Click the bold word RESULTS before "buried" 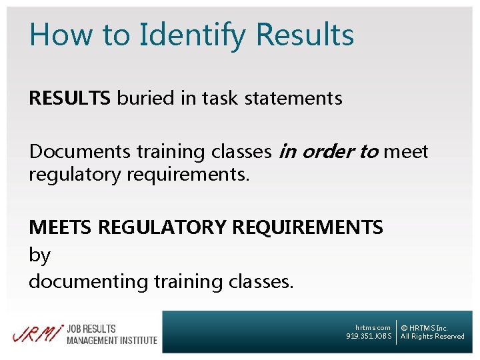[x=69, y=99]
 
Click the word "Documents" [x=80, y=152]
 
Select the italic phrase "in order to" [x=328, y=152]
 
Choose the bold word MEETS [x=61, y=228]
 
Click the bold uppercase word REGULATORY [x=162, y=228]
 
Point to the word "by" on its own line [x=39, y=255]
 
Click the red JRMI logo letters [x=37, y=333]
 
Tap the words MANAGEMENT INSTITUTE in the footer [x=112, y=340]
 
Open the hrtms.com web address [x=373, y=328]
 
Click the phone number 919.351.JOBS [x=369, y=337]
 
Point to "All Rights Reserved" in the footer [x=432, y=337]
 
